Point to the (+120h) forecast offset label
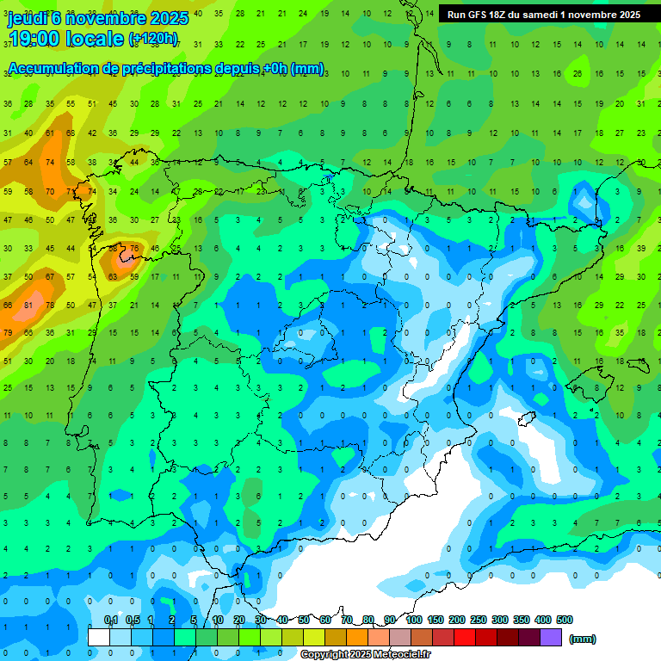tap(153, 39)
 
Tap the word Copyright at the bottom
tap(324, 655)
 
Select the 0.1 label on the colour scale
tap(110, 621)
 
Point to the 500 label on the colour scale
tap(564, 621)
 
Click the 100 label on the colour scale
tap(413, 621)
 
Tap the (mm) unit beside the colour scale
tap(583, 639)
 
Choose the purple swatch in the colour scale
tap(551, 637)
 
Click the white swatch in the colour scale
tap(99, 637)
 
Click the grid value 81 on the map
tap(28, 305)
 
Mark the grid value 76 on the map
tap(133, 249)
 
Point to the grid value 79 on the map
tap(8, 332)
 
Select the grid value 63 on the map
tap(112, 277)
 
